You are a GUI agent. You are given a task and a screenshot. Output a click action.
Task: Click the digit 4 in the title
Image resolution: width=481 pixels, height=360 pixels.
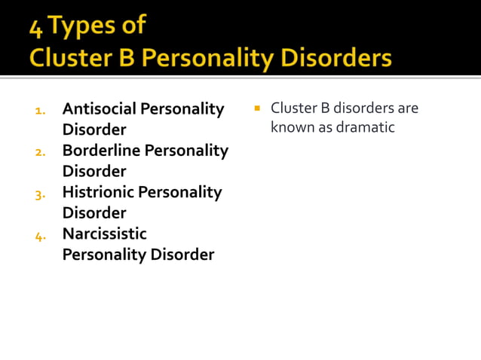(35, 27)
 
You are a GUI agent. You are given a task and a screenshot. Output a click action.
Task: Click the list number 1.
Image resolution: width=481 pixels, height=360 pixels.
(41, 111)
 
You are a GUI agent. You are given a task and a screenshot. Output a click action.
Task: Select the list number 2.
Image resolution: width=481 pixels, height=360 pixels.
(41, 152)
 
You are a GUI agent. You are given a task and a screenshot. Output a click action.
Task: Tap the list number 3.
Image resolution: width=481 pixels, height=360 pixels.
(41, 194)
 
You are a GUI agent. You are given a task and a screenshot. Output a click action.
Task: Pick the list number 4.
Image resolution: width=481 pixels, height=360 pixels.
(41, 235)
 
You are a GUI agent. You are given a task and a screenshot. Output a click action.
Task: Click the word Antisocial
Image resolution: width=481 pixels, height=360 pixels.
(100, 109)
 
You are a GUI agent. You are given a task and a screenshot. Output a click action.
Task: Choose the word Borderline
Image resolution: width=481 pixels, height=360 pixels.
(101, 151)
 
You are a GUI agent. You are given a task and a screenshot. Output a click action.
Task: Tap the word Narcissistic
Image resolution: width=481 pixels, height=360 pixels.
(104, 233)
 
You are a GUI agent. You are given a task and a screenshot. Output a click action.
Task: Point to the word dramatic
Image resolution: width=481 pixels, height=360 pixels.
(366, 127)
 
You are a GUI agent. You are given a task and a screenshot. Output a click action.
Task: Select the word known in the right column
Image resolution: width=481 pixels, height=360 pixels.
(291, 127)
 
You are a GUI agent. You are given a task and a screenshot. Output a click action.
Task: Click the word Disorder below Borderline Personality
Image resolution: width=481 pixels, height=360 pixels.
(94, 171)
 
